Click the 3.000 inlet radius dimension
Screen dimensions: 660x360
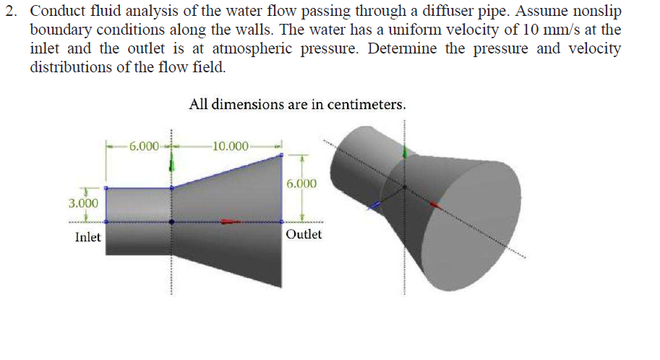pos(83,203)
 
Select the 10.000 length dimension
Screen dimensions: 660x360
pos(231,146)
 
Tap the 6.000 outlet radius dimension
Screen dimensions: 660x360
pos(301,184)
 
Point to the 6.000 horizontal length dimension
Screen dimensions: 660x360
pos(144,146)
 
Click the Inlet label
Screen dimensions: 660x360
pos(87,237)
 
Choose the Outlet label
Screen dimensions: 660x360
pos(304,234)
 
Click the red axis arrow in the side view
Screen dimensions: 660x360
pos(231,221)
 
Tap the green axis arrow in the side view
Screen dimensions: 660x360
pos(171,162)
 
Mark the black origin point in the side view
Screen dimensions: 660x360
pos(171,221)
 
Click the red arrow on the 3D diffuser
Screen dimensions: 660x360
pos(436,205)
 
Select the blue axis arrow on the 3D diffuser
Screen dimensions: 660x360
pos(374,205)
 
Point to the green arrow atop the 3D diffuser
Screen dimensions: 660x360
pos(405,152)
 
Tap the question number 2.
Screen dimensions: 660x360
pos(12,11)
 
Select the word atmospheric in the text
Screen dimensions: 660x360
pos(252,49)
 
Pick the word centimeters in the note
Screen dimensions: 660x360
pos(367,104)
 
